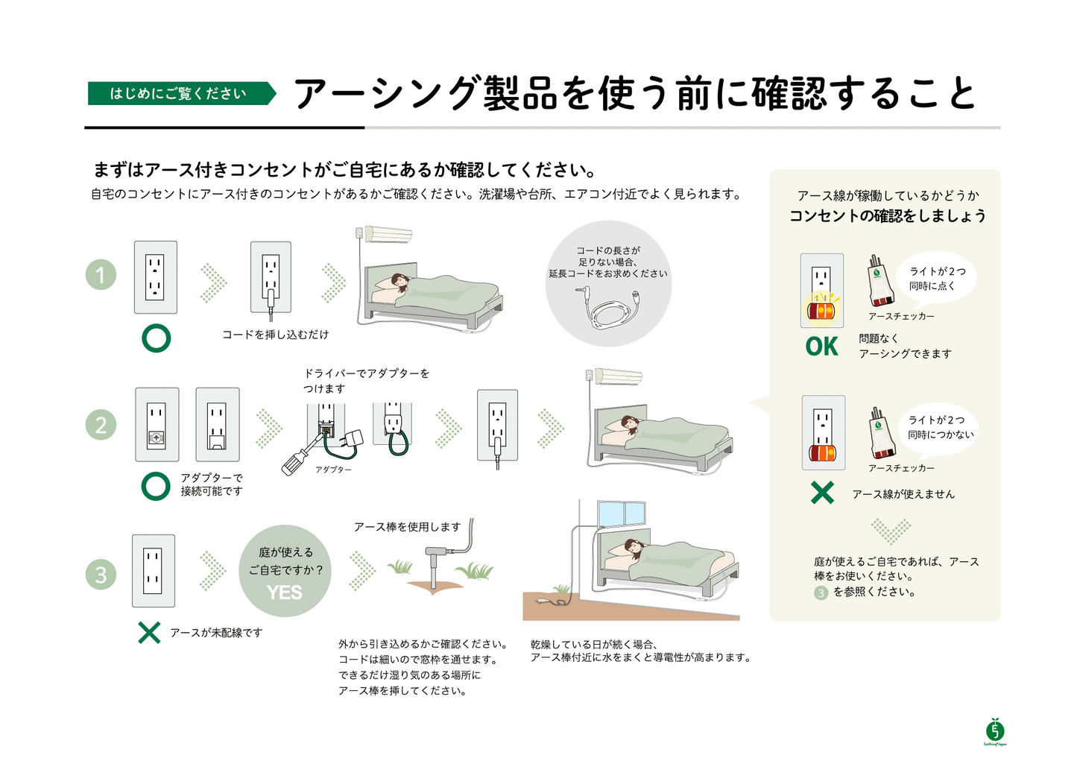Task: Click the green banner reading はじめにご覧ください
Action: tap(179, 93)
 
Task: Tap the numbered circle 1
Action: tap(101, 275)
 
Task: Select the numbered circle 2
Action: tap(101, 426)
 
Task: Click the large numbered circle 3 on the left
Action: tap(101, 575)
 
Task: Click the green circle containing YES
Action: tap(285, 571)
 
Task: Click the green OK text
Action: tap(821, 347)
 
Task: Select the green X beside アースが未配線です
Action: tap(149, 633)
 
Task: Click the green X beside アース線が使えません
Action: tap(822, 493)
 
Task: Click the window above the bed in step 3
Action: tap(621, 514)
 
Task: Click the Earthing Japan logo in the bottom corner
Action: tap(994, 731)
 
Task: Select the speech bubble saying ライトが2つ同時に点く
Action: tap(937, 279)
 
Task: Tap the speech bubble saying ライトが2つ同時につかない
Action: tap(940, 427)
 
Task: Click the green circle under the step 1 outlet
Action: tap(157, 338)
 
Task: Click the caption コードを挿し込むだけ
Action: tap(275, 335)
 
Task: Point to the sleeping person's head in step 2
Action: tap(631, 424)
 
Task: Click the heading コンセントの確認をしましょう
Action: tap(887, 216)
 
